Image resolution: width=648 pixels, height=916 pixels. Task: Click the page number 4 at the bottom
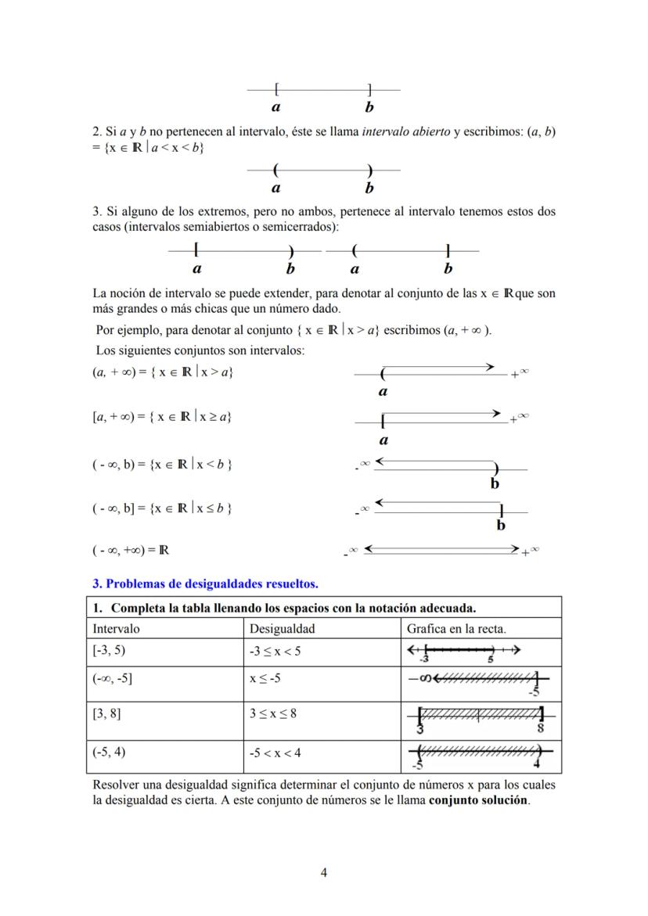pos(324,874)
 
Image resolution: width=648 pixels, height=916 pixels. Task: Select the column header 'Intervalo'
pos(117,628)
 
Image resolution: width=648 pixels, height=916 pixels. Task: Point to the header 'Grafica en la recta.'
pos(456,628)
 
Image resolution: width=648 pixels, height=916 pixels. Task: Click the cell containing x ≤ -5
pos(265,679)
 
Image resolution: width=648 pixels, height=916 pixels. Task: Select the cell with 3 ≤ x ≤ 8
pos(272,714)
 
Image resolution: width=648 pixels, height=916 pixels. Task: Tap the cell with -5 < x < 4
pos(275,753)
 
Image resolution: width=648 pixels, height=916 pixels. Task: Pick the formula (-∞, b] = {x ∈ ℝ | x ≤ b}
pos(162,508)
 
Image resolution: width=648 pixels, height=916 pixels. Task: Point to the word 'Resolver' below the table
pos(116,784)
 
